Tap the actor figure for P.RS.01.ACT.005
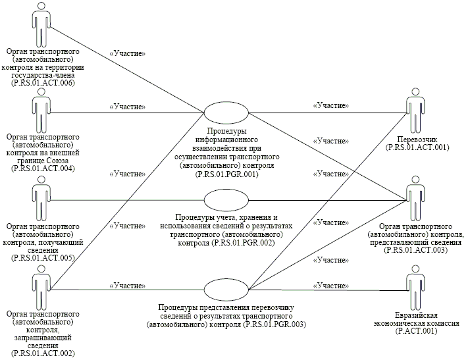[41, 200]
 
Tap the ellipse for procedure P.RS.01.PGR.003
[226, 289]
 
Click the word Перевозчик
[415, 140]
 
